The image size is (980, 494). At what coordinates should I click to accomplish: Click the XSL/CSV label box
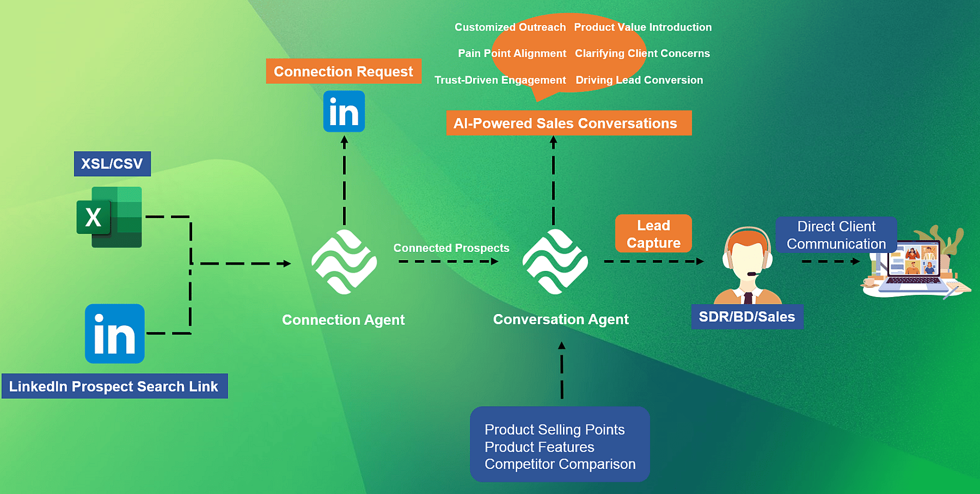[x=112, y=164]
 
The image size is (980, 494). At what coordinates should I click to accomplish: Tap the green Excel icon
[x=110, y=217]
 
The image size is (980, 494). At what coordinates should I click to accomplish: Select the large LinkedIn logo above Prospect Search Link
[x=115, y=334]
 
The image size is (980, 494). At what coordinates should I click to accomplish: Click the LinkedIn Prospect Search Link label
[x=114, y=386]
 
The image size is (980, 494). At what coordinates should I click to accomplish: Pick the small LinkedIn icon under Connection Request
[x=344, y=112]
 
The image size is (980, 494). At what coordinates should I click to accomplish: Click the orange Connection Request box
[x=344, y=71]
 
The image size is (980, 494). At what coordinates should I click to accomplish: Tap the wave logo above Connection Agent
[x=344, y=262]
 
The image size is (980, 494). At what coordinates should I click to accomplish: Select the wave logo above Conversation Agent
[x=555, y=262]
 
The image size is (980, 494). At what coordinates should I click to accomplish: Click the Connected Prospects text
[x=451, y=248]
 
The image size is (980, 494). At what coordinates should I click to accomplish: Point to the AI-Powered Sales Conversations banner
[x=568, y=123]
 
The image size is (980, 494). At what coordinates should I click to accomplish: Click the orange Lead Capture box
[x=653, y=234]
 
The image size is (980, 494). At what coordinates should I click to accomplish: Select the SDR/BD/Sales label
[x=747, y=317]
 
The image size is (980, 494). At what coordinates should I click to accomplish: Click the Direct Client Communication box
[x=836, y=235]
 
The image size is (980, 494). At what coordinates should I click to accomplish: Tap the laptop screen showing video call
[x=914, y=260]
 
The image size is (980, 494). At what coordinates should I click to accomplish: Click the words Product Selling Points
[x=554, y=430]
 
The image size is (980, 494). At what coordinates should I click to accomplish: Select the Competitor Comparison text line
[x=560, y=464]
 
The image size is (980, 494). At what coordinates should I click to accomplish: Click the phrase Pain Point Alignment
[x=512, y=53]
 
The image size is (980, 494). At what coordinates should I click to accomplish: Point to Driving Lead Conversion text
[x=639, y=80]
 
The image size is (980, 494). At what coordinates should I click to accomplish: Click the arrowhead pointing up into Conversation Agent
[x=562, y=345]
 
